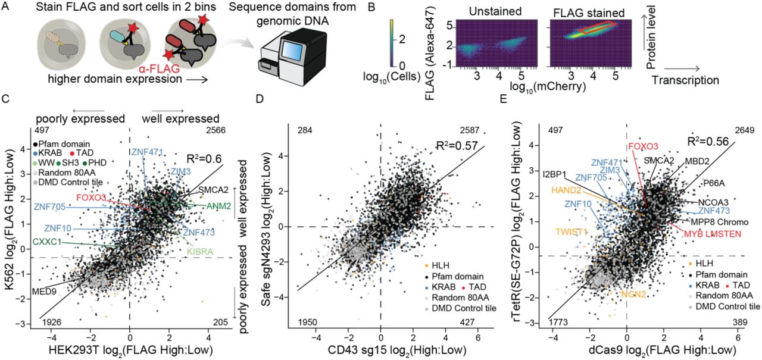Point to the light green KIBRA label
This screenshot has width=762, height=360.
pyautogui.click(x=201, y=252)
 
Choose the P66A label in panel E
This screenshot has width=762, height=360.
pyautogui.click(x=715, y=183)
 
